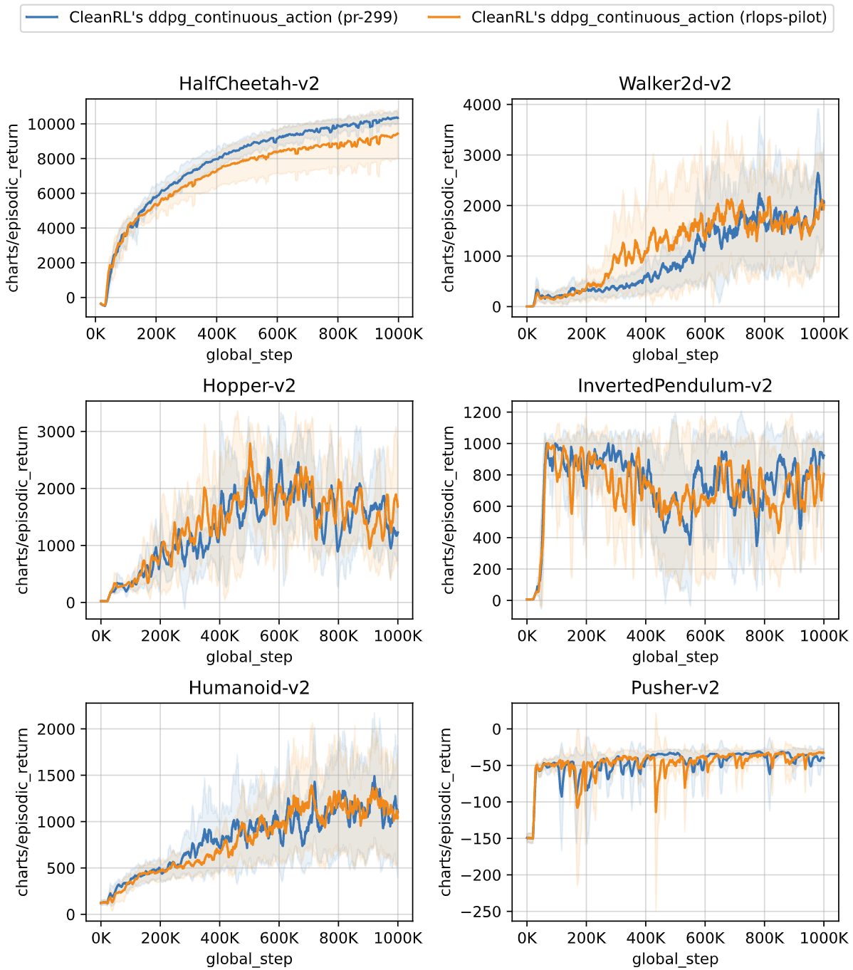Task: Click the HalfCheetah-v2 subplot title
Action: point(249,83)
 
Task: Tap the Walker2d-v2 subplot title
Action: point(675,83)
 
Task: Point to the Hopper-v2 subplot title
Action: point(249,385)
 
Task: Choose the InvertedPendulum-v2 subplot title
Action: point(675,385)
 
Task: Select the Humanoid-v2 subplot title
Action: point(249,687)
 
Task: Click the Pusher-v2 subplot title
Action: point(675,687)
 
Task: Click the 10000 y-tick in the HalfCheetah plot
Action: point(51,124)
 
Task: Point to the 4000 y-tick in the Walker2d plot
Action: point(483,105)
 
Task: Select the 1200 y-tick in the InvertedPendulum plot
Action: point(483,412)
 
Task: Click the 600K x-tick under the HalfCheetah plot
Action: point(278,334)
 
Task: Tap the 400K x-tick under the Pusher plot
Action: point(646,938)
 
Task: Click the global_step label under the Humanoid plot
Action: point(249,959)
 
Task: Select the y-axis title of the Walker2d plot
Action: point(449,207)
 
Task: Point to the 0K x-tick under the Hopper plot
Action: point(101,636)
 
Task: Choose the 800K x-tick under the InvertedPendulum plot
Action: point(765,636)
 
